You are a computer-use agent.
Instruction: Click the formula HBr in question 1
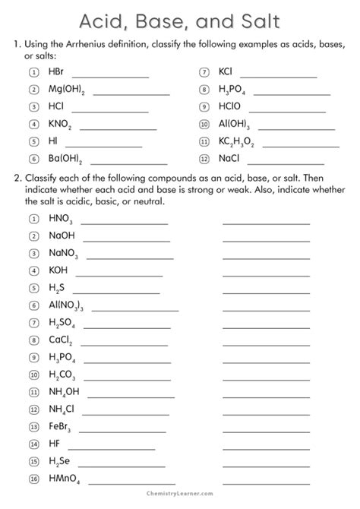coord(56,72)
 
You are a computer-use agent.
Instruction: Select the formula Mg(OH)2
coord(67,90)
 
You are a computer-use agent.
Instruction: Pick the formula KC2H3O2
coord(236,141)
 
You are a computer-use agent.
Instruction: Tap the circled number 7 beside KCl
coord(204,72)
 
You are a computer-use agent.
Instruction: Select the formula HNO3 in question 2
coord(61,219)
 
